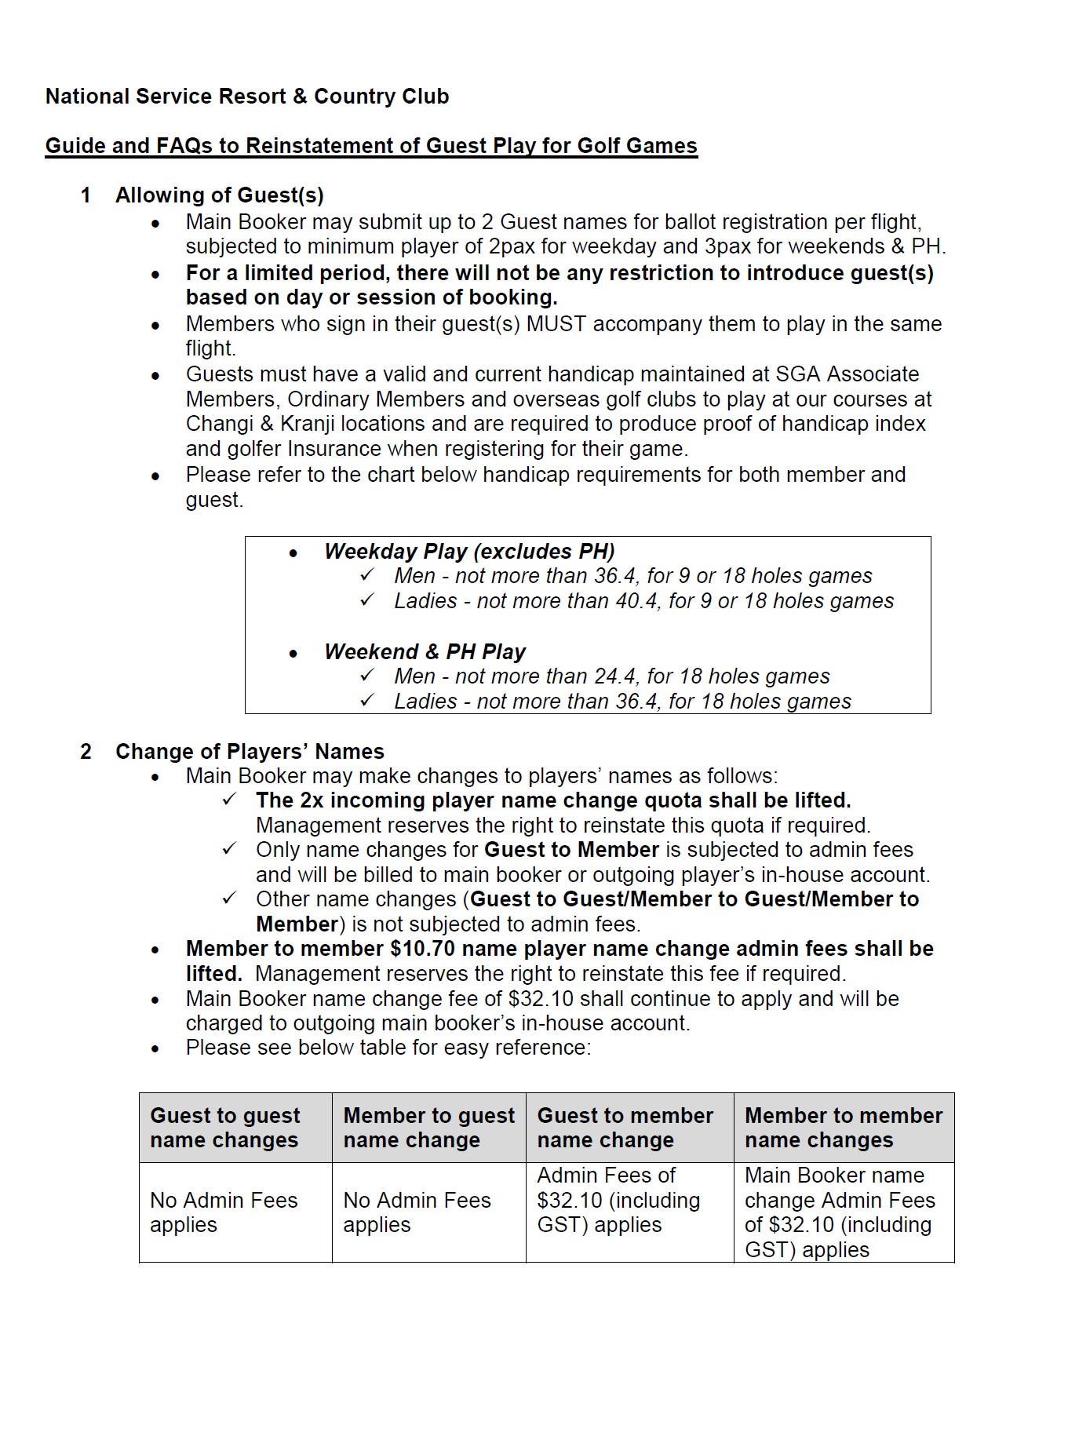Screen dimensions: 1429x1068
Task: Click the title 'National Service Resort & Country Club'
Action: click(247, 97)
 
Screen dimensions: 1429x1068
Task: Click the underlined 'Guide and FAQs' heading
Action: click(370, 146)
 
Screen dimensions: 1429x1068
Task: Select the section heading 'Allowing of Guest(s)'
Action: click(220, 195)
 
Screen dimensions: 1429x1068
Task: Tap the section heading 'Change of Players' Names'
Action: click(250, 752)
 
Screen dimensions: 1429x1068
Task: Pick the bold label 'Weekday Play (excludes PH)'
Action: click(469, 551)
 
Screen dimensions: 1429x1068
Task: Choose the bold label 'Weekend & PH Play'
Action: click(425, 651)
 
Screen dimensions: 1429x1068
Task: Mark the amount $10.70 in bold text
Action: click(421, 949)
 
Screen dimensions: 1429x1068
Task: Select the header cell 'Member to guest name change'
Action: click(428, 1128)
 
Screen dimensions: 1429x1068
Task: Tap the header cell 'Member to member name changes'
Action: click(844, 1128)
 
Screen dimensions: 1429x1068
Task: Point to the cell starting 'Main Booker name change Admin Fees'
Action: click(840, 1212)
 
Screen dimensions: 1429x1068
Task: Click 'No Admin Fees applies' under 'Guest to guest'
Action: click(224, 1212)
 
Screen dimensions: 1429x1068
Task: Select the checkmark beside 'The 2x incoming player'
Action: click(230, 800)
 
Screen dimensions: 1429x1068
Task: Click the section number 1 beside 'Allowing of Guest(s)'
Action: click(86, 195)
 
